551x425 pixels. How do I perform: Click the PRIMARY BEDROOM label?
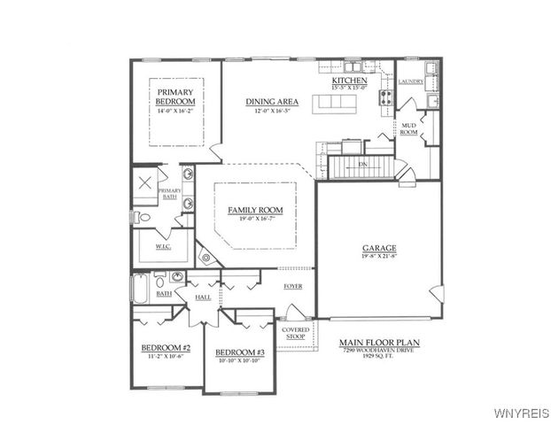coord(175,97)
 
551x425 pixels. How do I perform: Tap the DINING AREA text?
coord(272,102)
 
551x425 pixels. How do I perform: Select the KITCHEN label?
coord(349,81)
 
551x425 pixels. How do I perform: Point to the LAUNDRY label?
coord(411,81)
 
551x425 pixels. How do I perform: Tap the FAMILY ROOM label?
coord(255,210)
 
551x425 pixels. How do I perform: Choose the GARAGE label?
coord(378,248)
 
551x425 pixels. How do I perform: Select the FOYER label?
coord(292,286)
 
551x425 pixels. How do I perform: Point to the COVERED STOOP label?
coord(295,333)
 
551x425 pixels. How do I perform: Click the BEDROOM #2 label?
coord(167,348)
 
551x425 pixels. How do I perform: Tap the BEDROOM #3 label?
coord(240,352)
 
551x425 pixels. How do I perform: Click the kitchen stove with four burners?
coord(387,98)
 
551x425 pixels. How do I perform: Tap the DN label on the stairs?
coord(361,165)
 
